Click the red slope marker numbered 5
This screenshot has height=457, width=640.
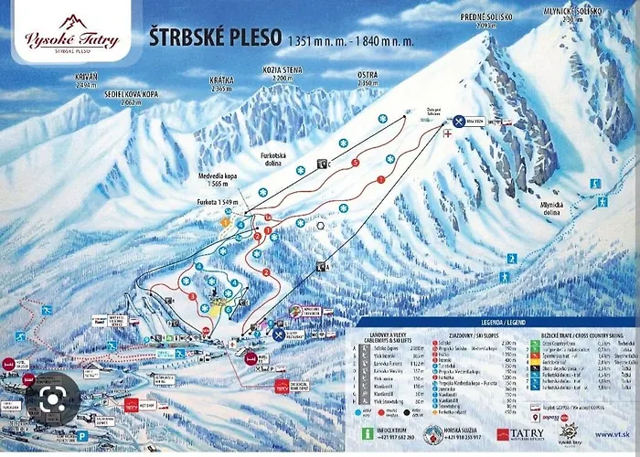pyautogui.click(x=355, y=163)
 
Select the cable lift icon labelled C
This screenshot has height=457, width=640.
pyautogui.click(x=322, y=164)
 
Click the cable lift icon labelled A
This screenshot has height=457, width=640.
pyautogui.click(x=323, y=266)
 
